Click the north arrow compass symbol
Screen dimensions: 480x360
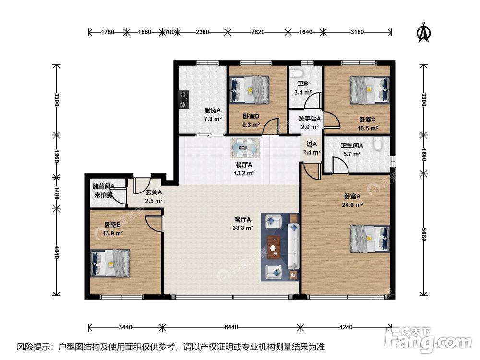tap(424, 32)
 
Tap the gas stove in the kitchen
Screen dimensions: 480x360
tap(184, 99)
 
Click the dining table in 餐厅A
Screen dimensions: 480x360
tap(245, 148)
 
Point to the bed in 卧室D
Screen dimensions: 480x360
tap(250, 89)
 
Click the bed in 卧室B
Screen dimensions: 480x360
tap(110, 263)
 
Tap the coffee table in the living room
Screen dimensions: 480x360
tap(275, 247)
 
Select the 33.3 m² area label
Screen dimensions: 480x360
tap(243, 228)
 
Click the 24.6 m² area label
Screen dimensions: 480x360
tap(352, 205)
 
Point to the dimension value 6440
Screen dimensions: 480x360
tap(231, 327)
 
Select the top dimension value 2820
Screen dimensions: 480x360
tap(258, 32)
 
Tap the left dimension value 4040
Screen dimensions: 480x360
tap(56, 252)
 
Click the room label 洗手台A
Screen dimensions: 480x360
tap(310, 119)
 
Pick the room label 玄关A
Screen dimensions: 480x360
tap(154, 192)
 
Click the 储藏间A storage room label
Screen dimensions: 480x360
tap(104, 186)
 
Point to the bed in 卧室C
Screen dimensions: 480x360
tap(370, 89)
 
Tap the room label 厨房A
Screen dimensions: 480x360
tap(213, 110)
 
